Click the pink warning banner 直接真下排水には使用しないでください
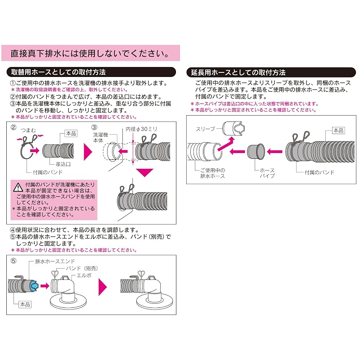point(90,53)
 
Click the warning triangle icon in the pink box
point(18,187)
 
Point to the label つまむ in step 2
point(28,130)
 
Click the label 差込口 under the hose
point(63,164)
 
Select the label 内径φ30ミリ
point(141,129)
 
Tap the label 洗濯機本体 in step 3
point(100,137)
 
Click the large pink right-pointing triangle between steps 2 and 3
point(88,152)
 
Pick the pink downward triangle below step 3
point(144,172)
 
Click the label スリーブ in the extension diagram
point(205,129)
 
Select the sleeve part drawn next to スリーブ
point(234,129)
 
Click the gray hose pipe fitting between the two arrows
point(256,152)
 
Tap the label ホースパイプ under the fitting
point(267,173)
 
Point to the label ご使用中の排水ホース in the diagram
point(212,173)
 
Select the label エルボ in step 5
point(84,275)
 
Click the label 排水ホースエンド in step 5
point(55,261)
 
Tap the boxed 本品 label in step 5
point(25,305)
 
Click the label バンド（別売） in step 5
point(82,268)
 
